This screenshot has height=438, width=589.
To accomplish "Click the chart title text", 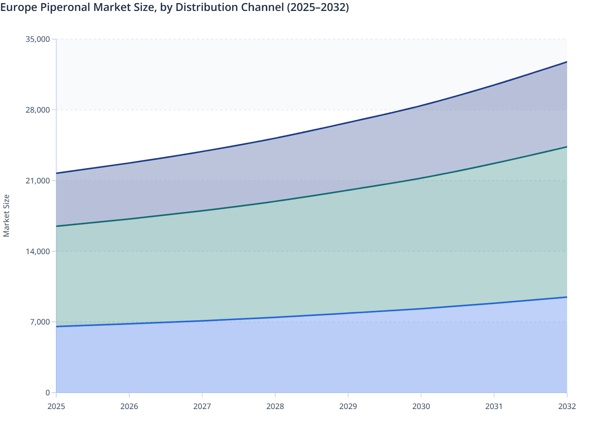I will point(175,7).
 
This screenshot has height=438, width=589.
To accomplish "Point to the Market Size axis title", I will point(6,216).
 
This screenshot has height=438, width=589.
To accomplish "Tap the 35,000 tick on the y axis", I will point(37,39).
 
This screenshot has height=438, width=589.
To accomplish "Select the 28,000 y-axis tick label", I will point(37,110).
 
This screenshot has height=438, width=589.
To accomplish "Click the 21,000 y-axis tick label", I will point(37,181).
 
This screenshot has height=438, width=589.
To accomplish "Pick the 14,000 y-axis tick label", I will point(37,251).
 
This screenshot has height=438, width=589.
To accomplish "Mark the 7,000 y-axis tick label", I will point(40,322).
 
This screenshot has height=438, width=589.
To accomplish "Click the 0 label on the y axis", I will point(48,393).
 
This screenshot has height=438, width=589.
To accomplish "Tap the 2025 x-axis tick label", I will point(56,406).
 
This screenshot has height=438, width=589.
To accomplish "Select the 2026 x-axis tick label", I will point(129,406).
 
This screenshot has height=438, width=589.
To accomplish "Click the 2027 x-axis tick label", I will point(202,406).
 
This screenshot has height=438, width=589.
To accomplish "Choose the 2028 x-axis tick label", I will point(275,406).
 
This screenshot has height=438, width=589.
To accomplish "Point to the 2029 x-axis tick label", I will point(348,406).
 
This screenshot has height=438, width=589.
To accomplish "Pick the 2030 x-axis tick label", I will point(421,406).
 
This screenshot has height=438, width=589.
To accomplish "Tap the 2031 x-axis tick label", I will point(494,406).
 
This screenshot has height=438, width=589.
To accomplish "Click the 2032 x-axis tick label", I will point(567,406).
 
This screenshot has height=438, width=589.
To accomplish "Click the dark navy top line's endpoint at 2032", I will point(567,62).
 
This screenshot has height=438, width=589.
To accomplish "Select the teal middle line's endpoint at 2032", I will point(567,147).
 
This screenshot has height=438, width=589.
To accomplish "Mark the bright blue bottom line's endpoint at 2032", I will point(567,297).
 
